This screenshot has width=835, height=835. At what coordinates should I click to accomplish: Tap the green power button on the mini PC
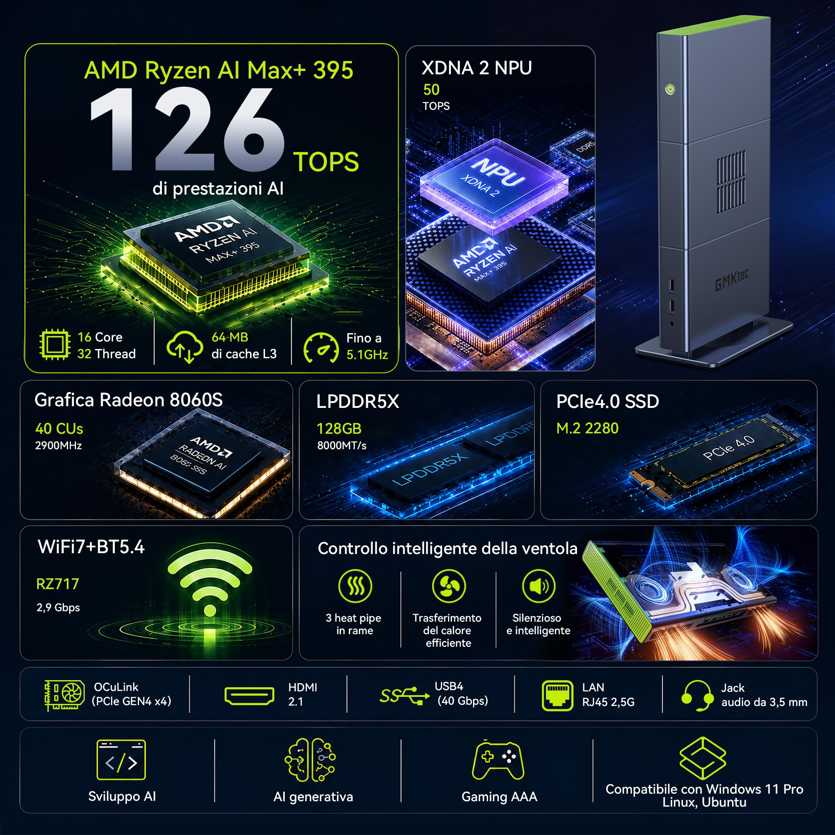(670, 89)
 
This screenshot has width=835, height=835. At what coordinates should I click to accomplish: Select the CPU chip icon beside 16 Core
(55, 344)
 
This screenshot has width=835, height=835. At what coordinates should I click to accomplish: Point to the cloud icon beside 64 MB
(185, 347)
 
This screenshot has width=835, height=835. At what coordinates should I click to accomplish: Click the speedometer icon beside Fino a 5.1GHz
(321, 347)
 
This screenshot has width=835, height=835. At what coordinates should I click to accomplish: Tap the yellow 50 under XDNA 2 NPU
(431, 89)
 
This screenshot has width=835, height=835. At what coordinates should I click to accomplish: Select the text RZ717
(58, 584)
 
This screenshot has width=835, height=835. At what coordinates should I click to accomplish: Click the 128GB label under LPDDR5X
(339, 428)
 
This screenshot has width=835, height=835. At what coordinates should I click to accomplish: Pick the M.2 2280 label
(587, 428)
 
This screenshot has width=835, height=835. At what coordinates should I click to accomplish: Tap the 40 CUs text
(59, 428)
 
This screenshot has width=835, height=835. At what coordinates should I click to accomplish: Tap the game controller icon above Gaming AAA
(498, 760)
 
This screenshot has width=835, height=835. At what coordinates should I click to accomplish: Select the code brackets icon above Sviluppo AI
(121, 759)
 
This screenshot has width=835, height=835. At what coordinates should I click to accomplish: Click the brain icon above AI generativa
(310, 760)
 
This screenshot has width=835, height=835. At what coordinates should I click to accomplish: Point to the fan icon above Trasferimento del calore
(449, 586)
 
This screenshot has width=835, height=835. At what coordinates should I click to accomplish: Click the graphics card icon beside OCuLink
(64, 695)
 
